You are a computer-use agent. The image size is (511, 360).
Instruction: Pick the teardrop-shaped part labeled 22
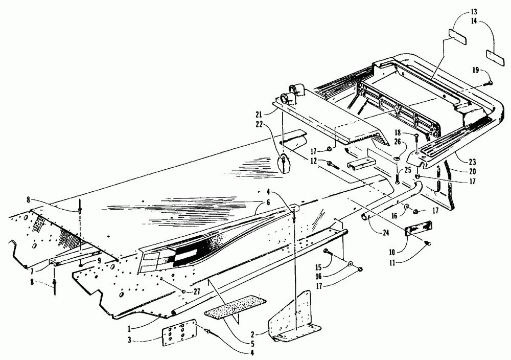point(283,166)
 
